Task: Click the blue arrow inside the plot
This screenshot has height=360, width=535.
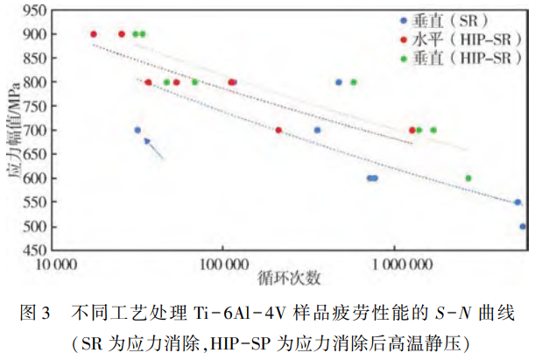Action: click(x=154, y=148)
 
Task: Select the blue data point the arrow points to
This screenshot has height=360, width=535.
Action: click(x=137, y=131)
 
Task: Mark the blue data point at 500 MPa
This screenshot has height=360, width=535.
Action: click(x=523, y=226)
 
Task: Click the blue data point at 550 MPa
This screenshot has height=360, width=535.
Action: click(x=517, y=202)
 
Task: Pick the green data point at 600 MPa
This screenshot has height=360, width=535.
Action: click(x=468, y=178)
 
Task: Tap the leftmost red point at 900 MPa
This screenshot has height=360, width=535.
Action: click(x=94, y=34)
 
